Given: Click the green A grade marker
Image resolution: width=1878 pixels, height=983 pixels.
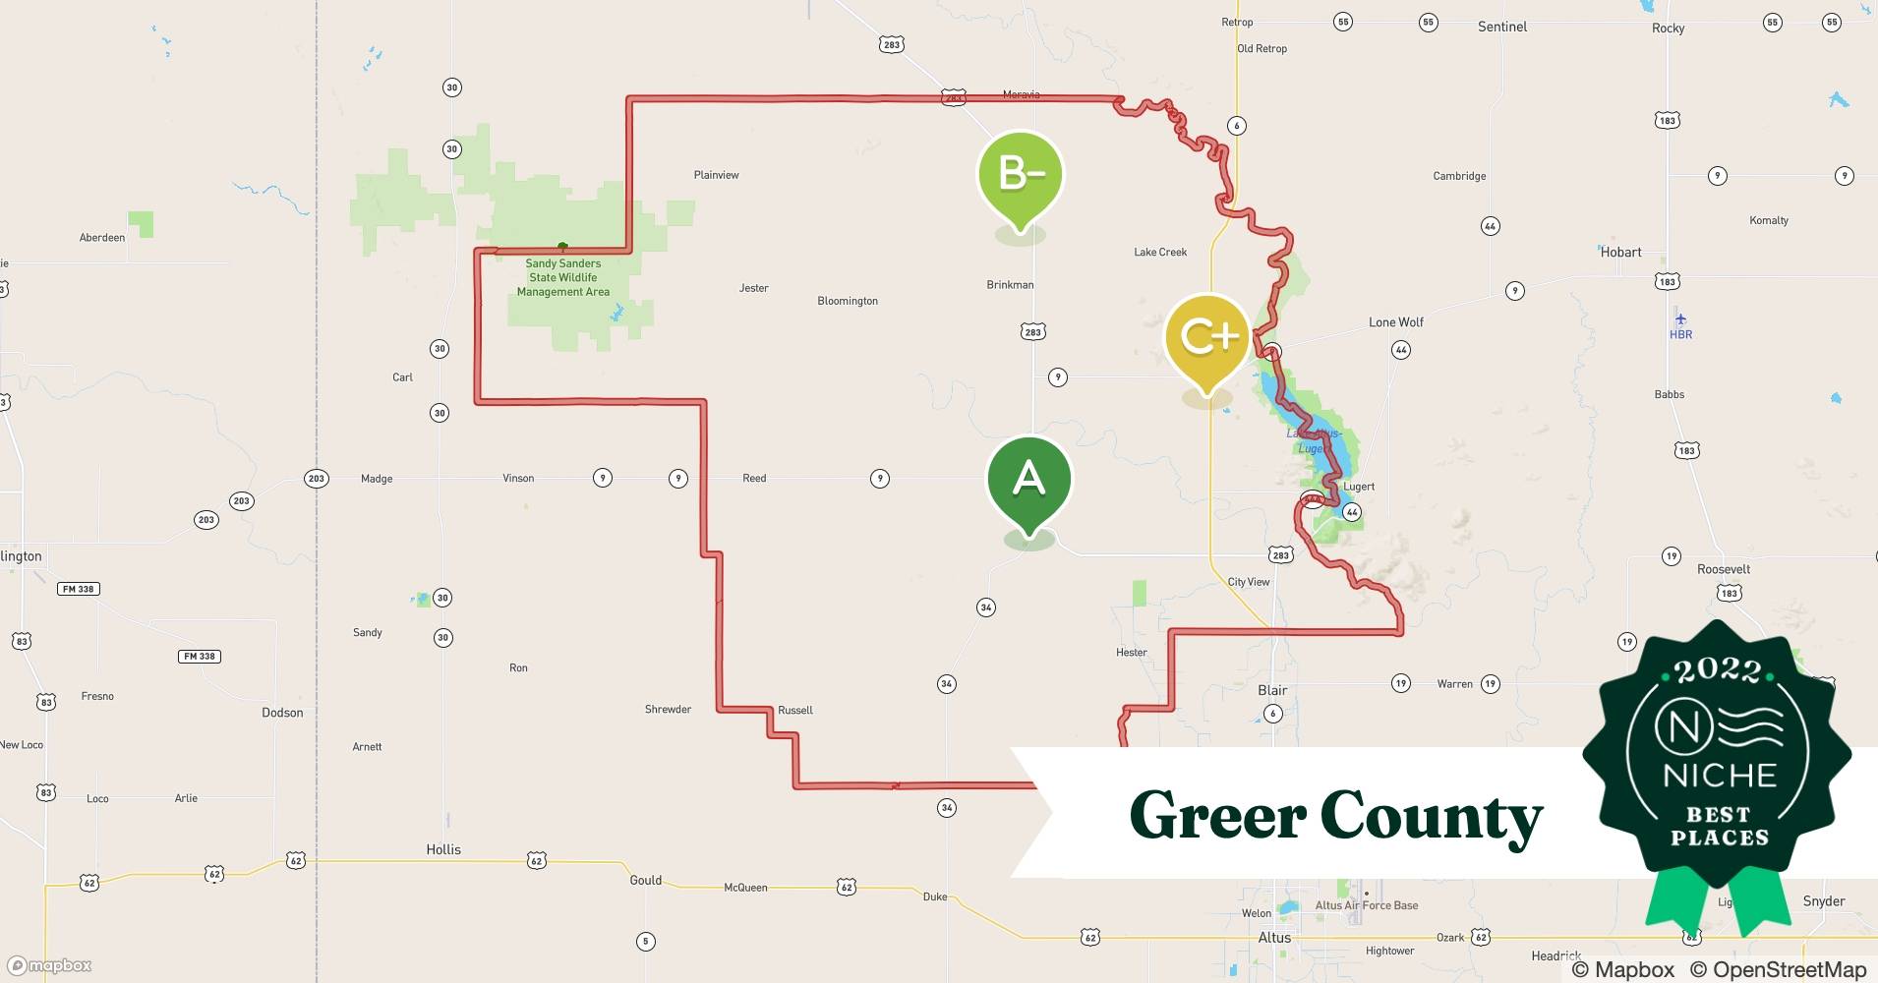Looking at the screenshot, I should pos(1028,481).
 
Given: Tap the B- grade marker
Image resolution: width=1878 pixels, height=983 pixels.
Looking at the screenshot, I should pos(1021,175).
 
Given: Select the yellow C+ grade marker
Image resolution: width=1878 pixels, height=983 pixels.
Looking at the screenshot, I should pos(1207,337).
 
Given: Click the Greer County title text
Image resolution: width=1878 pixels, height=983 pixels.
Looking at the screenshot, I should pos(1335,817).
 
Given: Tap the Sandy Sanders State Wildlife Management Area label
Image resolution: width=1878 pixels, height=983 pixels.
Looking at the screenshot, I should pos(562,277).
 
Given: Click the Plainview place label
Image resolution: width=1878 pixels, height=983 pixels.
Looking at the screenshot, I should pos(716,175).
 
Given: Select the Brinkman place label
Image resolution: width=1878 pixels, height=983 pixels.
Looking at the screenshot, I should pos(1010,285).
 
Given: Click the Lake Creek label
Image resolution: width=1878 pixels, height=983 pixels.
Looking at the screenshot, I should pos(1160,253).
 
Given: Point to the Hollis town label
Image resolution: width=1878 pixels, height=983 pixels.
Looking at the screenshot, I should pos(443,849).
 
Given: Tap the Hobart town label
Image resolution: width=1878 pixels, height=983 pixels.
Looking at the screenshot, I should pos(1620,253).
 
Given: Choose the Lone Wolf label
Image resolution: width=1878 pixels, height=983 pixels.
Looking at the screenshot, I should pos(1395,322).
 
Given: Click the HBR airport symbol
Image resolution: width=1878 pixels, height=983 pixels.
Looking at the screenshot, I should pos(1680,319).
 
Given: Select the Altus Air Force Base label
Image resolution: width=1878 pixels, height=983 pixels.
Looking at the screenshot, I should pos(1367,905).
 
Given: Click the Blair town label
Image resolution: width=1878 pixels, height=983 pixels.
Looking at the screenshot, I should pos(1272,690).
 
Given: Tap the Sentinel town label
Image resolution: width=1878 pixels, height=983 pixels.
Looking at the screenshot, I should pos(1501,27).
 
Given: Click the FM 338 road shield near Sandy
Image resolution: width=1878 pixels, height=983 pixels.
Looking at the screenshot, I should pos(199,656).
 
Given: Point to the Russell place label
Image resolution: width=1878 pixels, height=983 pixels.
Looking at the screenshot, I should pos(794,710).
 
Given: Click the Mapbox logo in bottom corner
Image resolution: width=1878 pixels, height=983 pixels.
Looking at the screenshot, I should pos(49,965).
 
